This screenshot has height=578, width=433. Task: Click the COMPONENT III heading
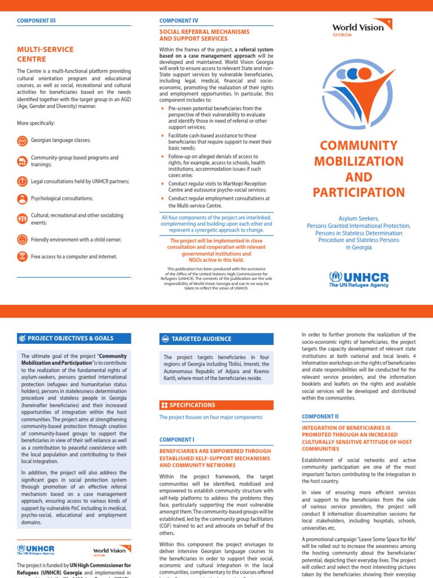tap(37, 20)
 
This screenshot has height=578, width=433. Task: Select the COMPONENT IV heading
tap(179, 20)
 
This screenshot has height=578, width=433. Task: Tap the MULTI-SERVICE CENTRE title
tap(45, 54)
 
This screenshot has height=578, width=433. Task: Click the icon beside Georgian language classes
tap(22, 140)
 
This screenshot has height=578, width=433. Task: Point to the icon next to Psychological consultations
tap(22, 199)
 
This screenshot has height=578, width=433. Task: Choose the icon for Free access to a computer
tap(22, 257)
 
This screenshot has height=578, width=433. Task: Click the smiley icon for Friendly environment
tap(22, 239)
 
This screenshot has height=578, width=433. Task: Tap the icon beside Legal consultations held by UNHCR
tap(22, 181)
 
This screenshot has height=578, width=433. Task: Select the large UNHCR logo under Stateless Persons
tap(359, 279)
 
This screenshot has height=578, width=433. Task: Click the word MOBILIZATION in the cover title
tap(359, 161)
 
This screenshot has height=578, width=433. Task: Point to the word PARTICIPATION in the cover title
tap(359, 192)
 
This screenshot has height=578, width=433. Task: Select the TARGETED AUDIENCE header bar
tap(216, 339)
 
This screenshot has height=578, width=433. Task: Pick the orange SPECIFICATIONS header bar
tap(216, 405)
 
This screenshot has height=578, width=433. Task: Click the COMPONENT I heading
tap(177, 439)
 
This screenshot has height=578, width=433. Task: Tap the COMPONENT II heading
tap(320, 416)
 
